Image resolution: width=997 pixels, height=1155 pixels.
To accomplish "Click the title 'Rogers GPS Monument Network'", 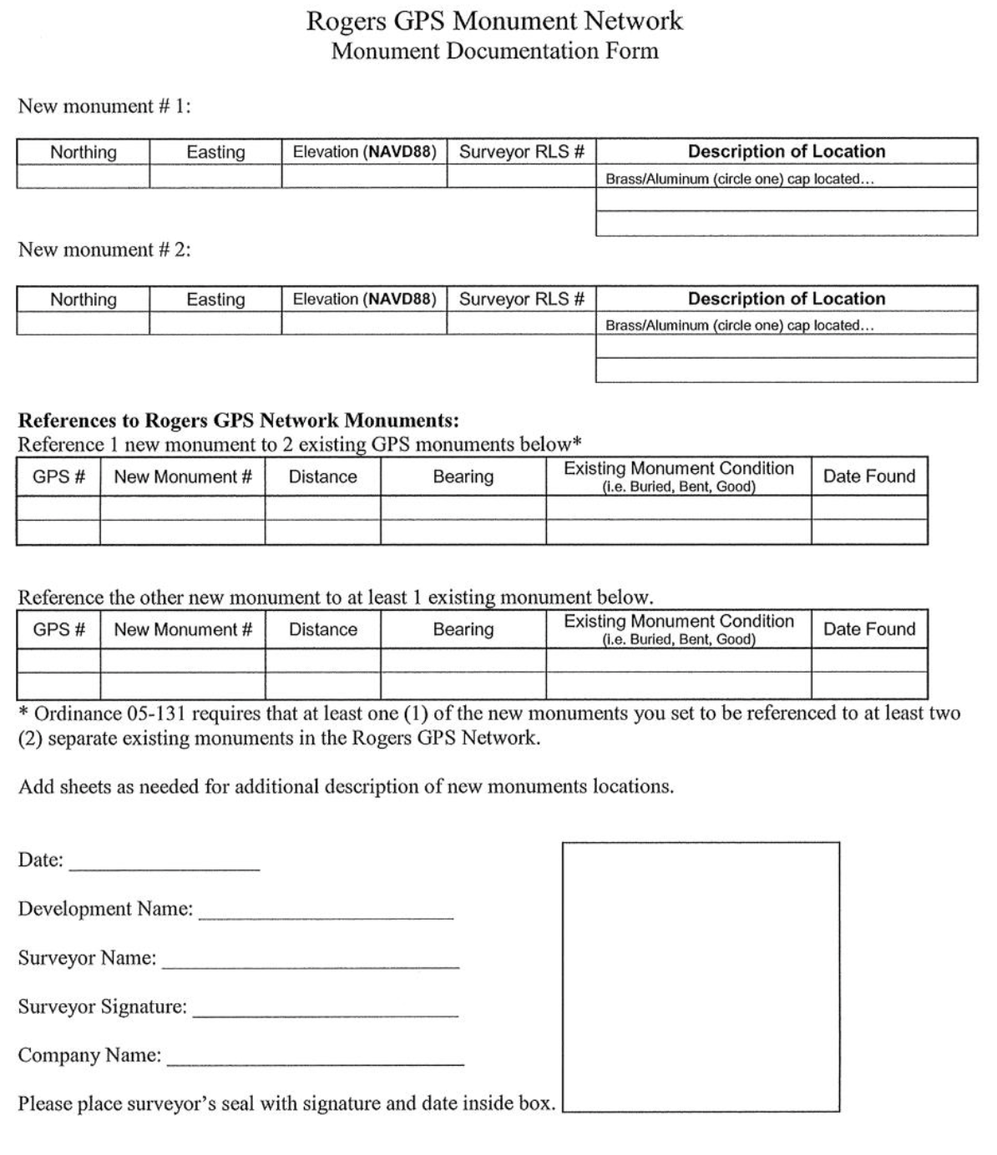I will [494, 21].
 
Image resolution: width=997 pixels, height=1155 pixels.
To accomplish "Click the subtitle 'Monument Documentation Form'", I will [494, 51].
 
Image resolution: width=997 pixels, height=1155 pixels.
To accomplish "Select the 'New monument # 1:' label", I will [104, 107].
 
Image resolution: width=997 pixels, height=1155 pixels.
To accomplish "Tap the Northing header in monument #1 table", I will [84, 152].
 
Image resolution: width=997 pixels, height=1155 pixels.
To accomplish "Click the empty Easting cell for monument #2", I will [215, 323].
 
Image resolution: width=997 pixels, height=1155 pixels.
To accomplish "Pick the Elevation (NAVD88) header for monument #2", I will [364, 299].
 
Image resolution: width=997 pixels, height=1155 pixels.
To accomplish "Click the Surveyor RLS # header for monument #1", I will [521, 152].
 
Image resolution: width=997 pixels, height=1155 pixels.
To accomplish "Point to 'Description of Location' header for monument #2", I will [786, 299].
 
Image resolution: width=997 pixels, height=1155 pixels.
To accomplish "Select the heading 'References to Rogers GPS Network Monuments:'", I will [238, 420].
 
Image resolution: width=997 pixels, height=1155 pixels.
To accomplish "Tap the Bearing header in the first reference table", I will [463, 477].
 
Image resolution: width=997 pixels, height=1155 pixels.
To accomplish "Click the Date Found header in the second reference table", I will [868, 629].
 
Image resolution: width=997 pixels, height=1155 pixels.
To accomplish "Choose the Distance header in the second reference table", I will [322, 629].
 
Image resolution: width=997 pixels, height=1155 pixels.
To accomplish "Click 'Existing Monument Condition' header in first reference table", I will [678, 469].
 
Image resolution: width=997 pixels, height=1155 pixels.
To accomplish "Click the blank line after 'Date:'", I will [164, 864].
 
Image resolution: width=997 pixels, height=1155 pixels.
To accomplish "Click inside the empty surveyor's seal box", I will [701, 976].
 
